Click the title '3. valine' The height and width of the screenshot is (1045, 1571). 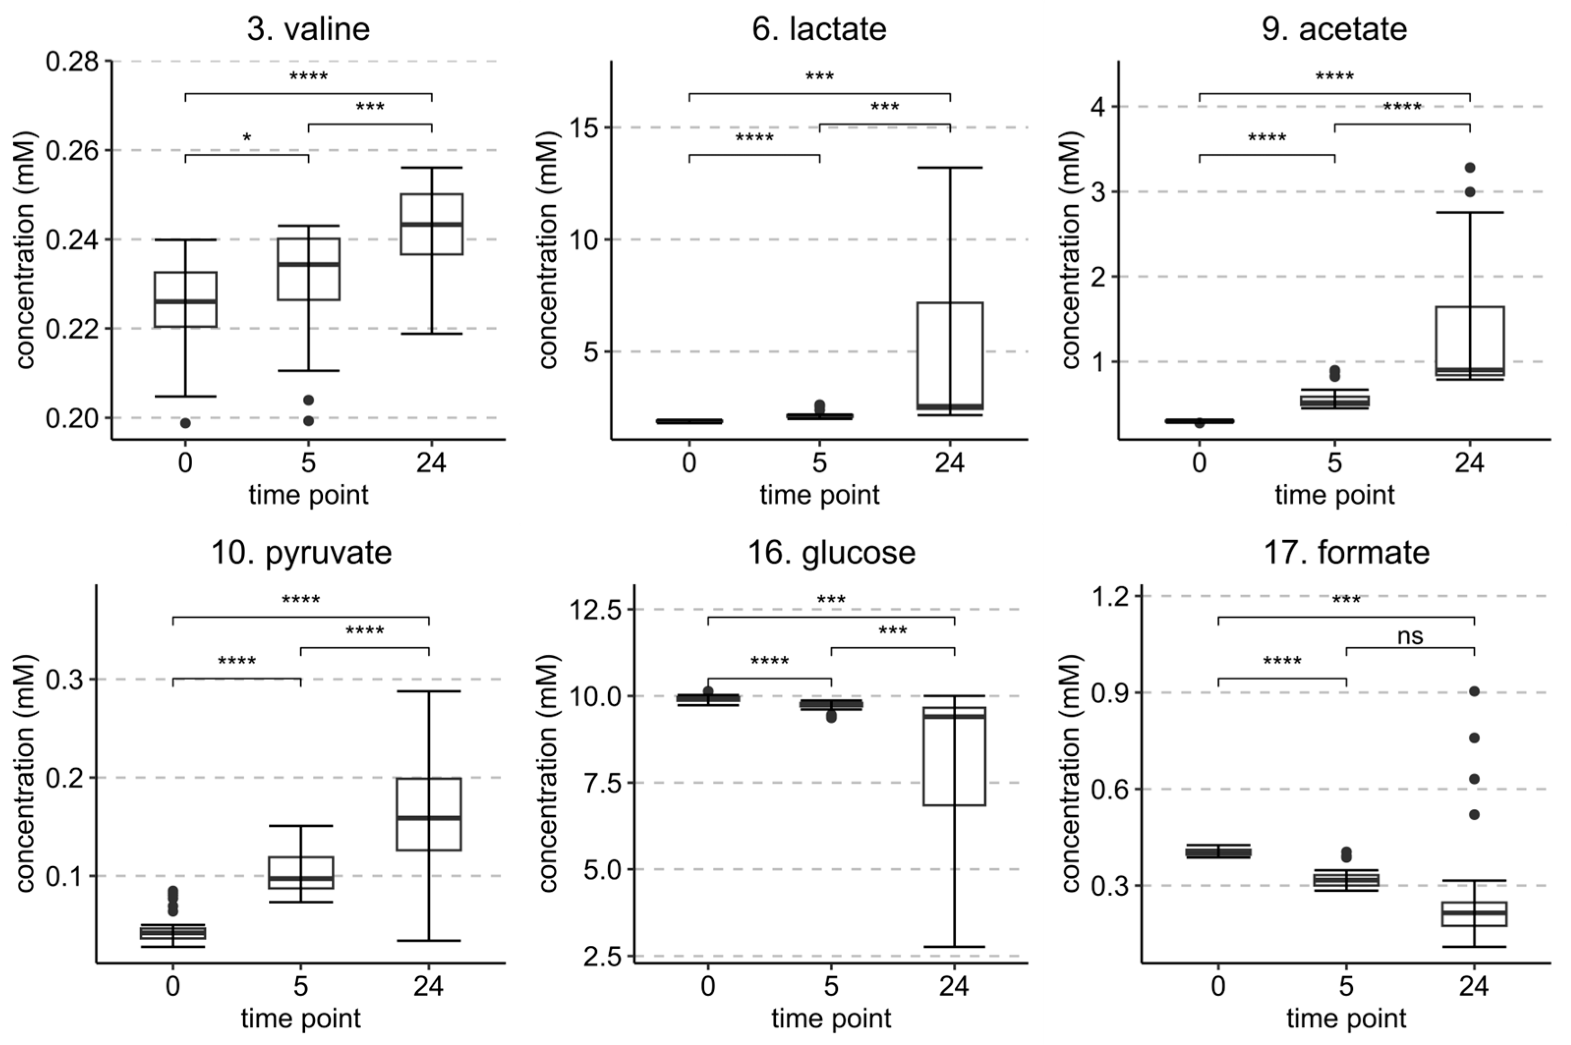(x=308, y=29)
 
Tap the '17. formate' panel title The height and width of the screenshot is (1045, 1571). (x=1346, y=552)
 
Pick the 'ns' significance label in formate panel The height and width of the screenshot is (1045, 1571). (x=1410, y=636)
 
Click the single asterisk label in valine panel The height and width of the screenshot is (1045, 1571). (x=247, y=138)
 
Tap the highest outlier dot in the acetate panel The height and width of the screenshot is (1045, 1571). (x=1470, y=168)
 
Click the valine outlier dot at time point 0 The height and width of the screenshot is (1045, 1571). (x=185, y=423)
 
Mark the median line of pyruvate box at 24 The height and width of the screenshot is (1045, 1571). (x=429, y=818)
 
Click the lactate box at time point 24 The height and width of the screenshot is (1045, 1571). (x=949, y=353)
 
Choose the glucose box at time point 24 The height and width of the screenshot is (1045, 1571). (x=954, y=760)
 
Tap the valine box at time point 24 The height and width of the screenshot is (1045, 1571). (x=431, y=224)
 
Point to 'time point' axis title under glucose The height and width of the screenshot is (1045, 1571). (x=831, y=1018)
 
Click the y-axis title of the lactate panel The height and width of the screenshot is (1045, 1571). (x=548, y=250)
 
